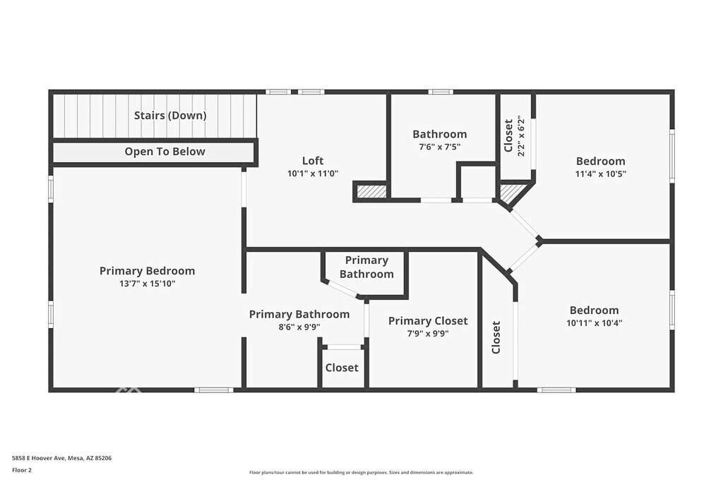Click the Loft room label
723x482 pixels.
pos(313,160)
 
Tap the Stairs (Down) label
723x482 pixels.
pos(170,115)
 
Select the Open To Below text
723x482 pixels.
pos(165,152)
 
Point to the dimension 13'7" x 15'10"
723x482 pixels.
pos(147,284)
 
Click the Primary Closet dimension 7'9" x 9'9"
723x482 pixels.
pos(428,333)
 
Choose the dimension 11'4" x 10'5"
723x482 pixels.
pos(600,174)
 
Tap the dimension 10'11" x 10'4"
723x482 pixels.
pos(594,323)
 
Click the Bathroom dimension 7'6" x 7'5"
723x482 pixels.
pos(439,147)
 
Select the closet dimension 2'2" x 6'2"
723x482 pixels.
pos(521,135)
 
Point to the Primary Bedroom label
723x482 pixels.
pos(147,271)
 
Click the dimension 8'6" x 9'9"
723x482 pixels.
pos(299,327)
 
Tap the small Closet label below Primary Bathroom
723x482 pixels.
pos(342,368)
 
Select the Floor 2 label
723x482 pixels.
pos(22,470)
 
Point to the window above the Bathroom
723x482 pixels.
pos(441,92)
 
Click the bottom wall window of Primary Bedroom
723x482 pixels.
pos(213,390)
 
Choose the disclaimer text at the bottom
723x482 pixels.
pos(361,472)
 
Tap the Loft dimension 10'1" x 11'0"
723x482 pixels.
pos(313,174)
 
